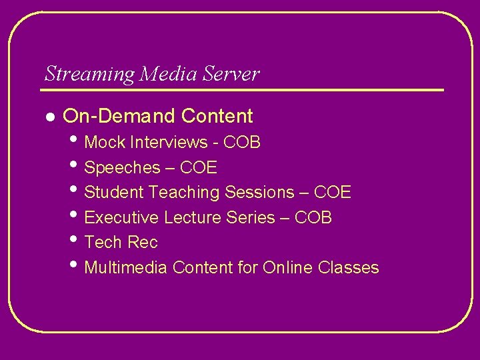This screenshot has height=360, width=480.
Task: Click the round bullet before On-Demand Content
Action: coord(49,117)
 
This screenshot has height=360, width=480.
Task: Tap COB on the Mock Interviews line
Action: coord(242,143)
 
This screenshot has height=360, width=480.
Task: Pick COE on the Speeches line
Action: coord(199,167)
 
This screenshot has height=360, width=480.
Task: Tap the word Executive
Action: coord(122,218)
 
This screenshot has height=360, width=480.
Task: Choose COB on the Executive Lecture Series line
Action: coord(313,218)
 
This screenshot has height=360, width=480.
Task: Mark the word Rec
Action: coord(142,243)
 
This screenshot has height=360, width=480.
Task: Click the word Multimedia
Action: coord(127,268)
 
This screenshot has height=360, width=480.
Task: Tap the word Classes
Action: coord(349,268)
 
